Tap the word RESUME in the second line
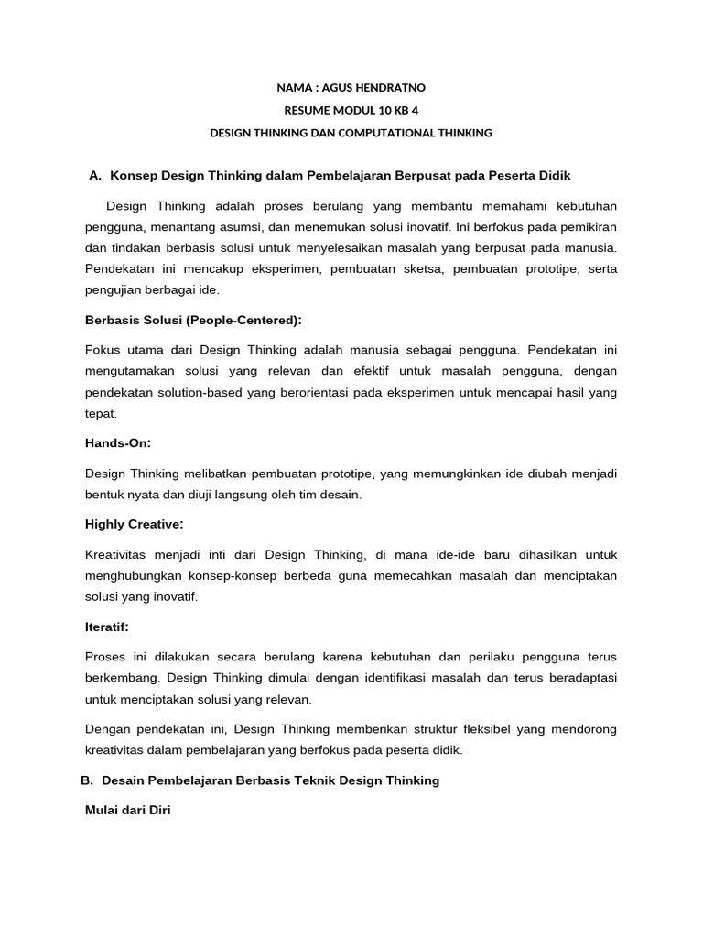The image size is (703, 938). pos(307,111)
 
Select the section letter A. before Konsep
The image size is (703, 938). pos(94,175)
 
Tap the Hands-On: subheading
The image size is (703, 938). pos(118,442)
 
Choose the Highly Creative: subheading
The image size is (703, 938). pos(134,524)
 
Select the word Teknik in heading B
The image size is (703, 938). pos(305,780)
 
